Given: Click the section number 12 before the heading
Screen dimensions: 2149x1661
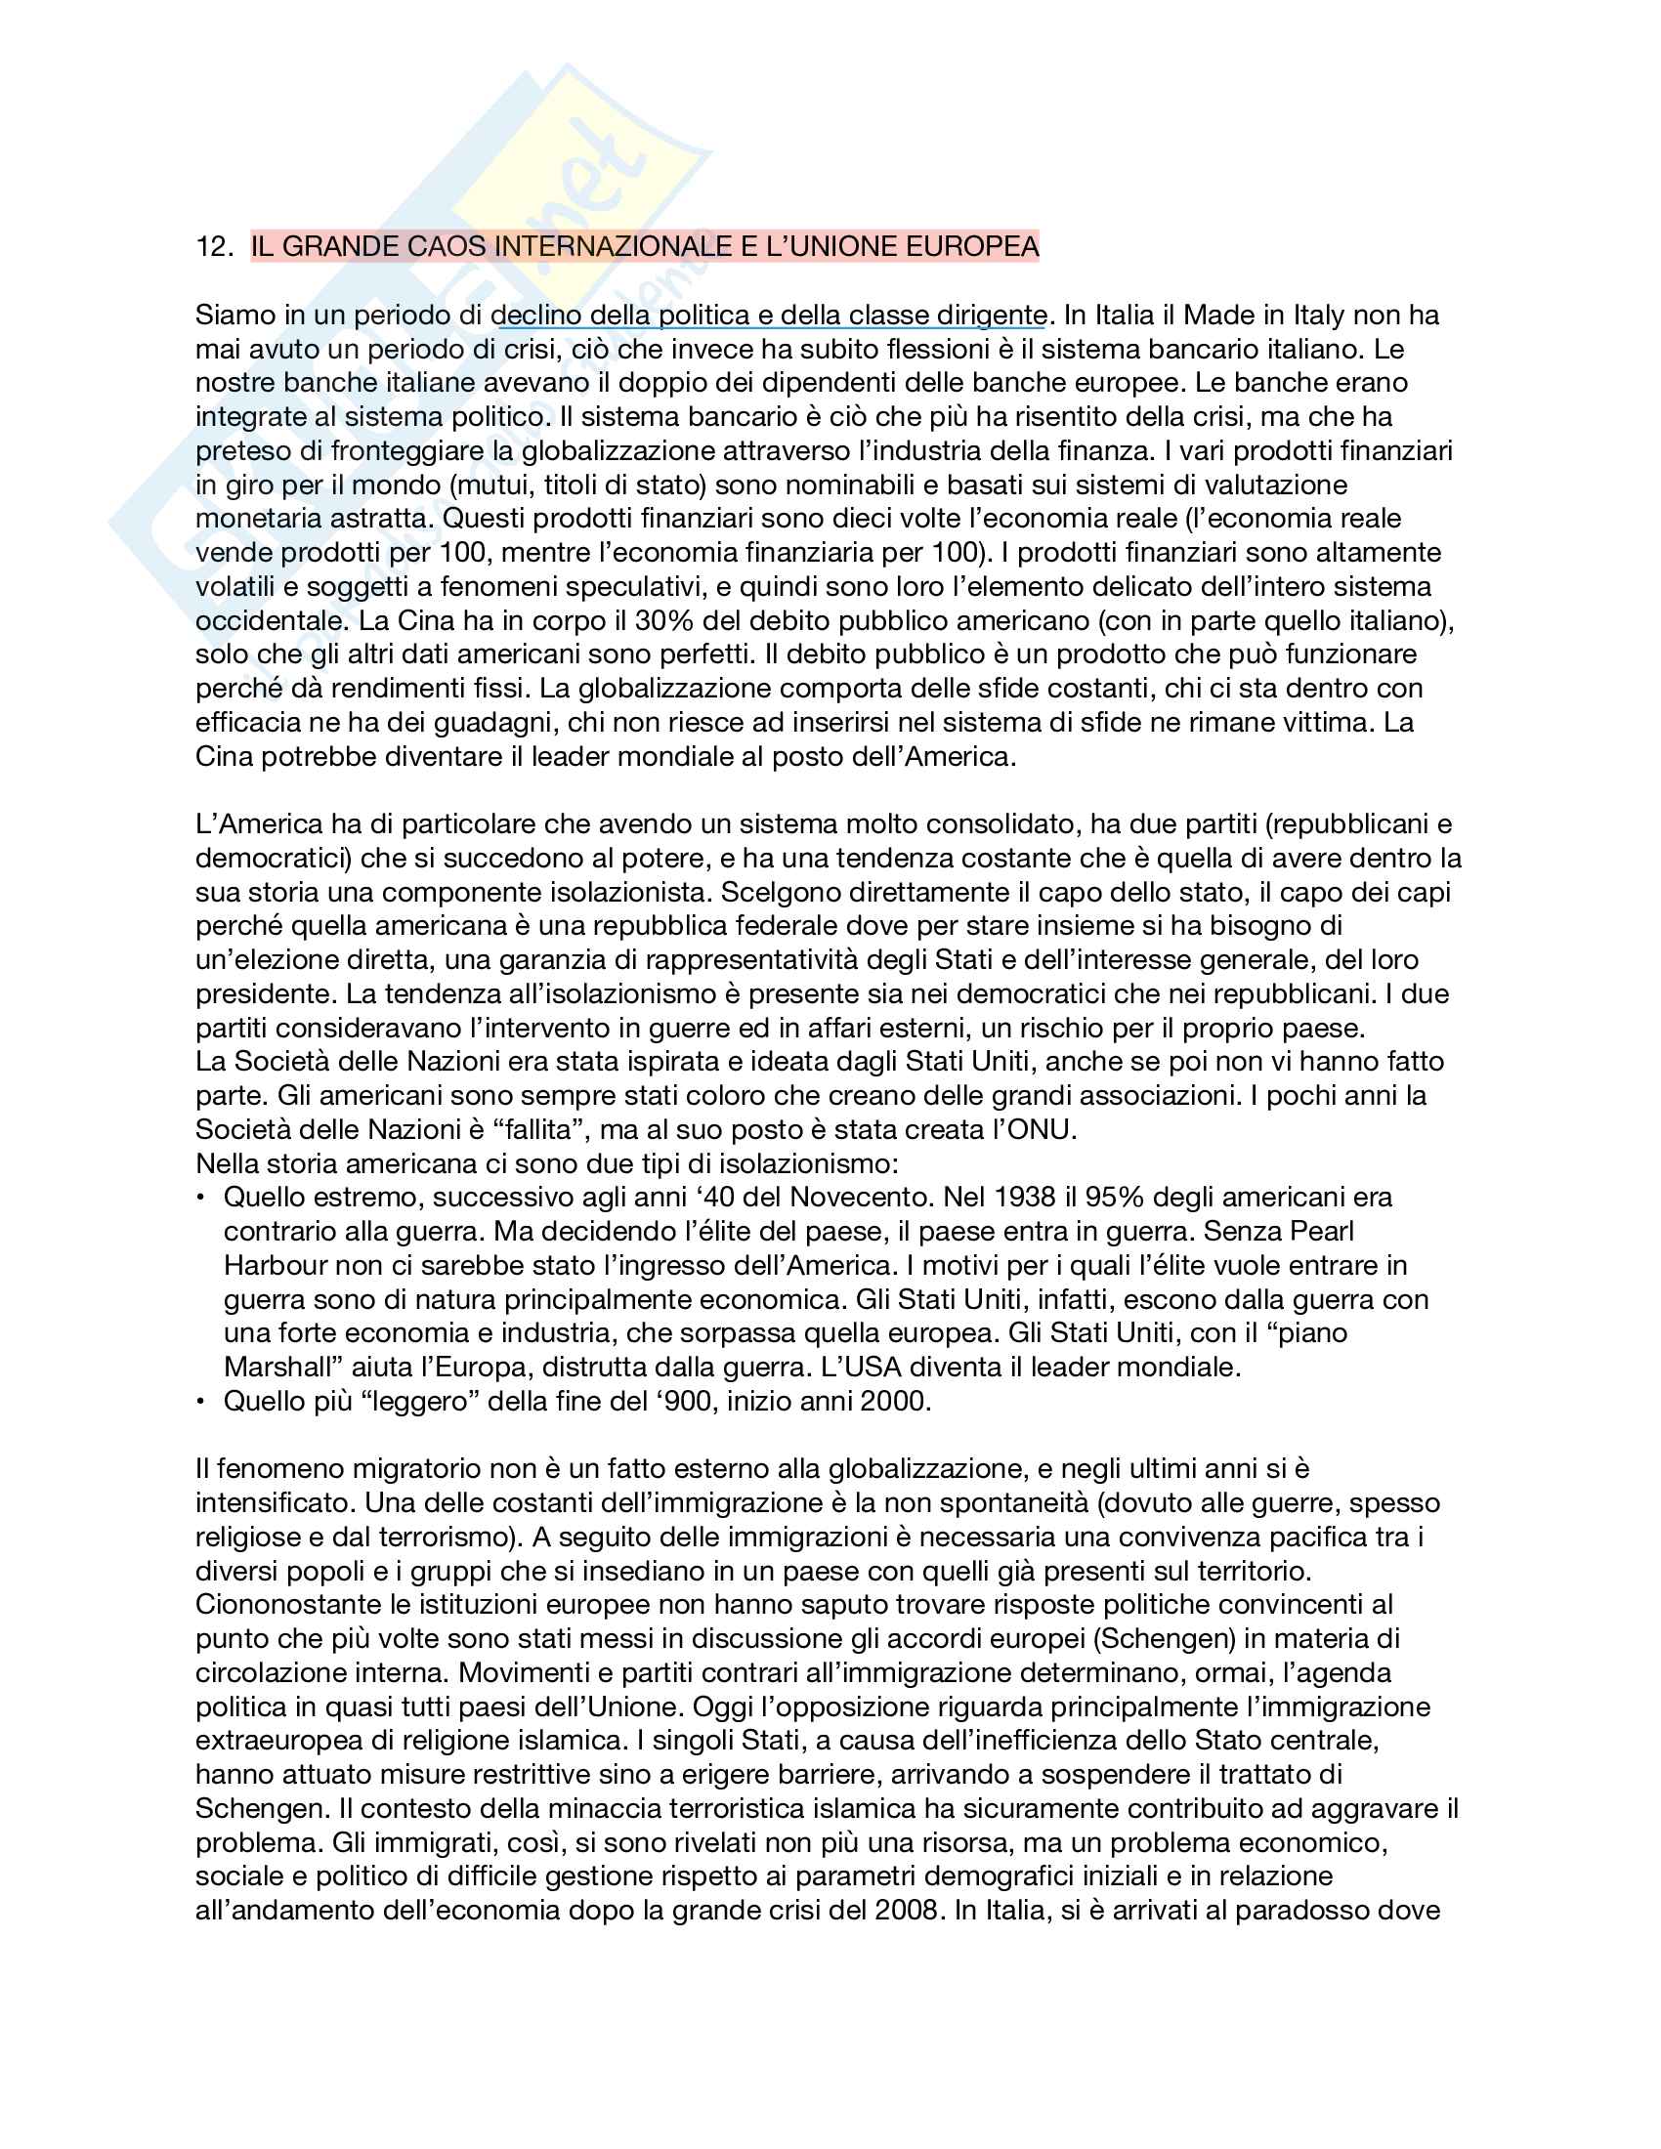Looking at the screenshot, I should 212,246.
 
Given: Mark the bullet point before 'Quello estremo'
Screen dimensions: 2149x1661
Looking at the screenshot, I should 201,1198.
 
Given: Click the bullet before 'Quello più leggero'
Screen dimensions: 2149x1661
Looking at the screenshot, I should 201,1401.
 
